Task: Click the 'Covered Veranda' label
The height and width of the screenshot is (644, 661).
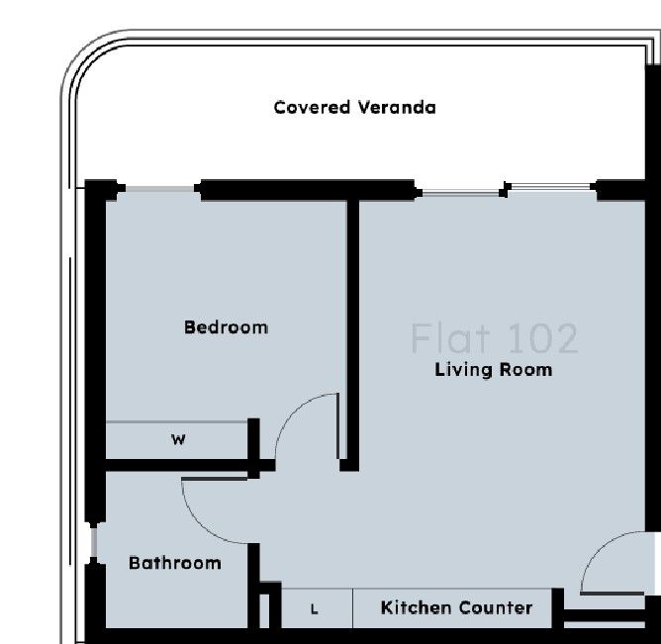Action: click(354, 107)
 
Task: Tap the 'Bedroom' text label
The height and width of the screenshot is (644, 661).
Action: click(226, 326)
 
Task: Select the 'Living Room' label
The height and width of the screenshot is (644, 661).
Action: click(493, 370)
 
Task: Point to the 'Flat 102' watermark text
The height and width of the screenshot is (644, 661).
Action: click(493, 338)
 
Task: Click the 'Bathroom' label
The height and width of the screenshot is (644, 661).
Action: click(175, 563)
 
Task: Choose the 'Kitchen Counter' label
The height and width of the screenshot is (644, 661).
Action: click(456, 607)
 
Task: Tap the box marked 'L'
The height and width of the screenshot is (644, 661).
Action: click(316, 609)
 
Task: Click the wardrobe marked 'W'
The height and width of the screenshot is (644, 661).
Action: click(177, 440)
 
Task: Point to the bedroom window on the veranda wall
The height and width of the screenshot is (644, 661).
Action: click(159, 189)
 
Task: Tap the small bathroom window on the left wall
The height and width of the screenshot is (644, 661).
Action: click(94, 542)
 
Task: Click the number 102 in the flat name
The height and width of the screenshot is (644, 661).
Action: click(539, 338)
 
